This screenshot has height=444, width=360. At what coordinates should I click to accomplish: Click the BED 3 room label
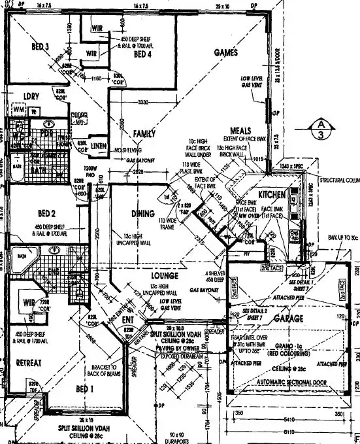point(41,48)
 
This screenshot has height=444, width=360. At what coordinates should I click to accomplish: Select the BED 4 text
point(143,56)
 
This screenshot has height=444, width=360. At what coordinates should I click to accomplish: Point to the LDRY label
point(32,96)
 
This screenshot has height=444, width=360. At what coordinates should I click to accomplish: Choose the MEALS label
point(242,131)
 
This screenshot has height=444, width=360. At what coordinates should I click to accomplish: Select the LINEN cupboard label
point(98,145)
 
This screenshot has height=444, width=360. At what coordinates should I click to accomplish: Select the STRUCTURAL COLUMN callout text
point(339,180)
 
